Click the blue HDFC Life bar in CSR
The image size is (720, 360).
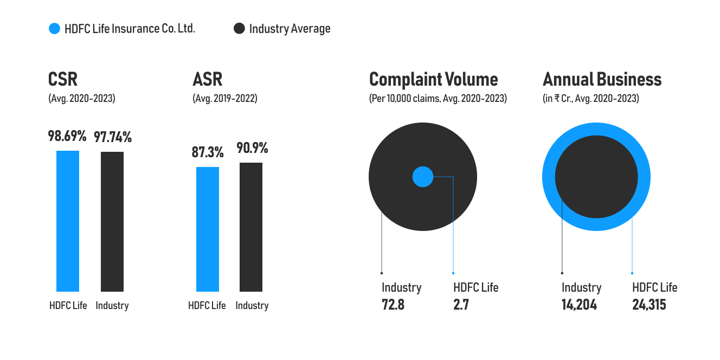(68, 221)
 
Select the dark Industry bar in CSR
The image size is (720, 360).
(112, 222)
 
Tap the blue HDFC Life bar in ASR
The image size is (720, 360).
(208, 229)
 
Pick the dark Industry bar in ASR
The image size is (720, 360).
(251, 227)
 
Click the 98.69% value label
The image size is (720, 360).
(67, 136)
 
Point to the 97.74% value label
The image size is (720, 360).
(113, 137)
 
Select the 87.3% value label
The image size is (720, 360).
(208, 152)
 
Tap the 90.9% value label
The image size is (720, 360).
(252, 148)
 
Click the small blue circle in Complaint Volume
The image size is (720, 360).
(423, 176)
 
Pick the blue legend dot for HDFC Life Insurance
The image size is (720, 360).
(54, 29)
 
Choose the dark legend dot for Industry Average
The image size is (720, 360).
(239, 29)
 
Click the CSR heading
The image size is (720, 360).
(63, 79)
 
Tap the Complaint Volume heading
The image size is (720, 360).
(433, 80)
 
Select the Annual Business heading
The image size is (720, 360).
(602, 79)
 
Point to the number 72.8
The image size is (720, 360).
(393, 305)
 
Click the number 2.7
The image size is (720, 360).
(461, 305)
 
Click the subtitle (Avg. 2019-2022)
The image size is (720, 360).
(225, 98)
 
